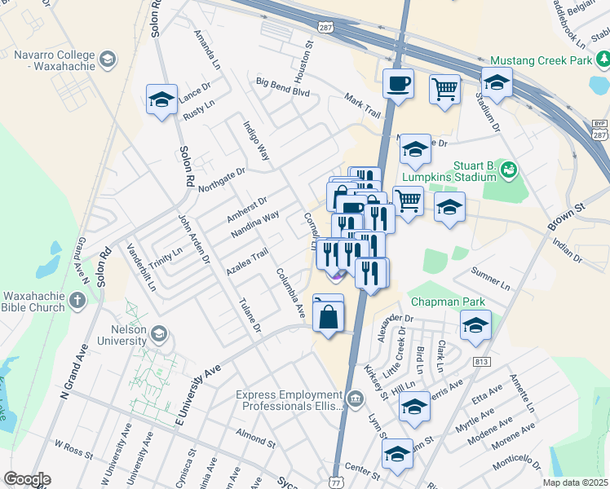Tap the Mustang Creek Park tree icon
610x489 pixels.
603,59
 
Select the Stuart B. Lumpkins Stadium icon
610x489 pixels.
510,170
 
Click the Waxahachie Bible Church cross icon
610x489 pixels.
77,301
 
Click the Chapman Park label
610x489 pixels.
448,302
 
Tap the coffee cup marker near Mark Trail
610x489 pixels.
398,85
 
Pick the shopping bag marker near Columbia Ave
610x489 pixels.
328,317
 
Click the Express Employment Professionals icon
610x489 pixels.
356,399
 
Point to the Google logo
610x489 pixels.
28,479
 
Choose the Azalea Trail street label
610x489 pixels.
248,262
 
